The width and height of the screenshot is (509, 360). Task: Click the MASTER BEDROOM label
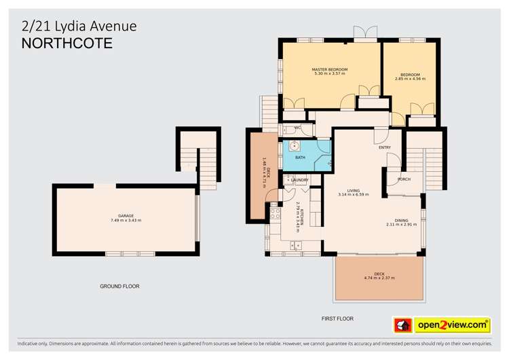point(329,69)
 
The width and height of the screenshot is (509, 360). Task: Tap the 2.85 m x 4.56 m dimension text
point(410,79)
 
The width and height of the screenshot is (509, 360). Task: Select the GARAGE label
point(126,215)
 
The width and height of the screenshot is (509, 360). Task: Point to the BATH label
point(299,158)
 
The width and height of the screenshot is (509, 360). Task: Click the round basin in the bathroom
point(295,146)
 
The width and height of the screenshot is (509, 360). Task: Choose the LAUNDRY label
point(300,180)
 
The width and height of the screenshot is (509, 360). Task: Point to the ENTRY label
point(384,147)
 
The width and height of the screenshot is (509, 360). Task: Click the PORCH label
point(403,179)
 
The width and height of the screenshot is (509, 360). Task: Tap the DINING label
point(402,219)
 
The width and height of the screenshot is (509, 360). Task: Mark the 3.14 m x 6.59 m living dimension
point(353,195)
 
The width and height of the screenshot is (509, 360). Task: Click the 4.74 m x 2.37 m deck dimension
point(379,278)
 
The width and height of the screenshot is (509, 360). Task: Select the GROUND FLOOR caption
point(119,287)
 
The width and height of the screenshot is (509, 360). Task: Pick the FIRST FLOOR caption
point(337,318)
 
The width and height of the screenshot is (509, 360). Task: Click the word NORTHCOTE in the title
point(67,44)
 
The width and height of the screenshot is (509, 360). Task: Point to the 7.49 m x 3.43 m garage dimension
point(126,220)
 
